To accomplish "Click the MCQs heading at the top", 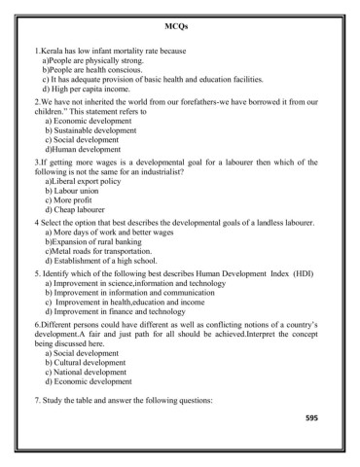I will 178,23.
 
